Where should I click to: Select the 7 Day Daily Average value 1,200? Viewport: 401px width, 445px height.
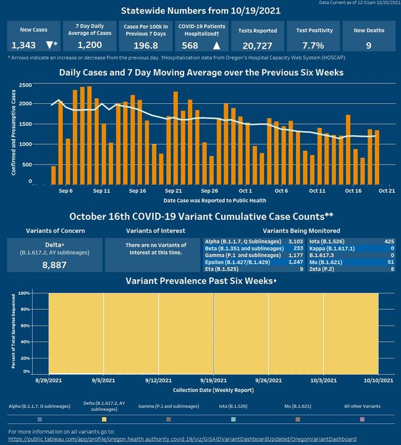tap(94, 46)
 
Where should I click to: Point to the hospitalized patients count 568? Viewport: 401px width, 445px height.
tap(189, 46)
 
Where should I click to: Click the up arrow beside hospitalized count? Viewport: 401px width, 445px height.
tap(216, 46)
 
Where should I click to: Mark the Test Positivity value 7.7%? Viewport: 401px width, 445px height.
tap(314, 46)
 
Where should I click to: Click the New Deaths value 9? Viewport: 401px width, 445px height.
tap(368, 46)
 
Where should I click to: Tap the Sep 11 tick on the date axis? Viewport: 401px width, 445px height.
tap(102, 192)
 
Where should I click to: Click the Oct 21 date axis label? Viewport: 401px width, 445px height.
tap(387, 192)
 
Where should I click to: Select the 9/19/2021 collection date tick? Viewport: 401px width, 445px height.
tap(213, 381)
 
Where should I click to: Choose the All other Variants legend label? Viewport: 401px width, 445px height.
tap(362, 407)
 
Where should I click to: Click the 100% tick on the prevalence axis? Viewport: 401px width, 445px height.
tap(25, 293)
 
